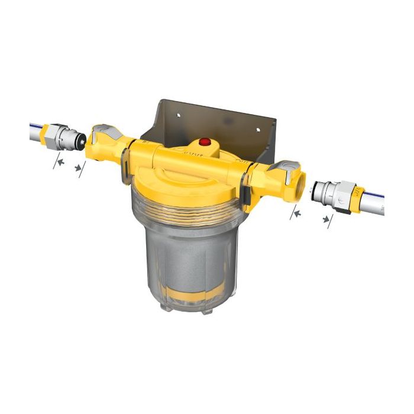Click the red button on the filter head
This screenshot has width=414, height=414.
(x=205, y=143)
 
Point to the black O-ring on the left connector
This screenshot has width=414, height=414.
(x=82, y=140)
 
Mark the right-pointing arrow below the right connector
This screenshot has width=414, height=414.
(x=326, y=221)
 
